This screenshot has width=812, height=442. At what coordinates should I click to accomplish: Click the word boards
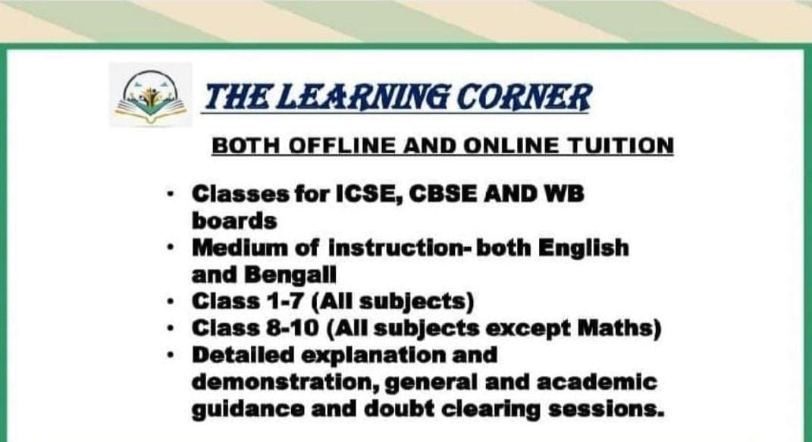pyautogui.click(x=234, y=221)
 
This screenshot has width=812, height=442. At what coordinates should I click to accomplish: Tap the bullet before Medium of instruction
pyautogui.click(x=173, y=248)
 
